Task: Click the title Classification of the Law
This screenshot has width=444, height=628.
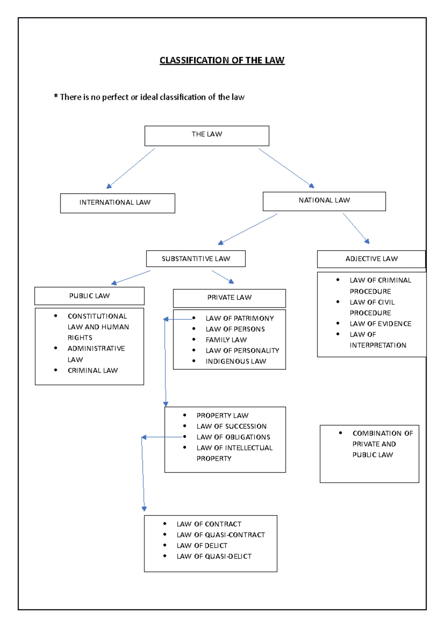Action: (222, 60)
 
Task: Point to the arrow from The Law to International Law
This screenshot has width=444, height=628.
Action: (130, 168)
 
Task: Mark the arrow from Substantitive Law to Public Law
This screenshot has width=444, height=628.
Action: (131, 277)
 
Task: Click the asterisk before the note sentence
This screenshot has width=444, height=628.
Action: (56, 97)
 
